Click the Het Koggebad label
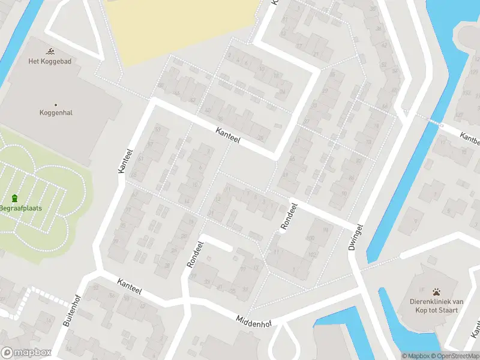[x=50, y=61]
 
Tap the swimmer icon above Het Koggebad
[x=50, y=50]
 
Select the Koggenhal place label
[x=56, y=112]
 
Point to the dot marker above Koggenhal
[x=56, y=104]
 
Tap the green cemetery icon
[x=14, y=199]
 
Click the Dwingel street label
[x=356, y=237]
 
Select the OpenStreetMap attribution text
[x=455, y=356]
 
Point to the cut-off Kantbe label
[x=470, y=138]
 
